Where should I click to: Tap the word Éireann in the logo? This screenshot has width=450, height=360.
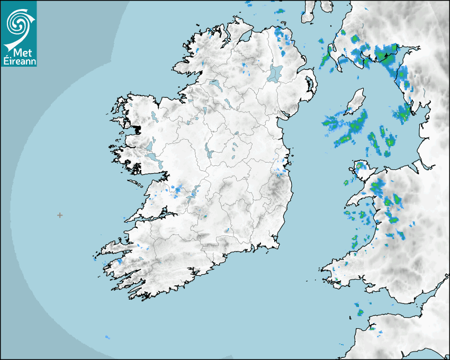(19, 60)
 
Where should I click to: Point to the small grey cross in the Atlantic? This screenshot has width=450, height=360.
(60, 215)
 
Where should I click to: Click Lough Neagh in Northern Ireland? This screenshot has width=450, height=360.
(276, 73)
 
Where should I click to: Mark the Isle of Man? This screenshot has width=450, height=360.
(355, 102)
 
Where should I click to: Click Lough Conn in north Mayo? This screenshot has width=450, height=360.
(153, 115)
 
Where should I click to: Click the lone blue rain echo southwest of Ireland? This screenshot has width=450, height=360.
(107, 337)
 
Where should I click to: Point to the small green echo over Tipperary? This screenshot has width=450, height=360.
(204, 217)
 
